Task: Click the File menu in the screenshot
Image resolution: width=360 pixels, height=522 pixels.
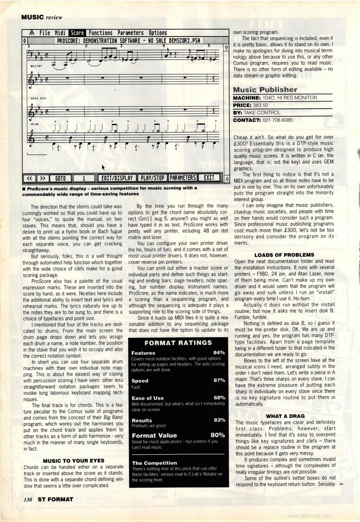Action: coord(45,33)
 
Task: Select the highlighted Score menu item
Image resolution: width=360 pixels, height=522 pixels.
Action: coord(77,33)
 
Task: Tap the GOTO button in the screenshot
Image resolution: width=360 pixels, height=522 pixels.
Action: coord(61,178)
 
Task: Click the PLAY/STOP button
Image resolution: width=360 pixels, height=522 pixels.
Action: coord(152,178)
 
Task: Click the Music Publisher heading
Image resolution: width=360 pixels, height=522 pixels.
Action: coord(265,89)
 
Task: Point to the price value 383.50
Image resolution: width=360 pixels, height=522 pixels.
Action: coord(261,105)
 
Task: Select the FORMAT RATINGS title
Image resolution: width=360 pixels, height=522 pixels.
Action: coord(178,343)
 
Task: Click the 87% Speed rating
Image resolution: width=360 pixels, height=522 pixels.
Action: coord(219,380)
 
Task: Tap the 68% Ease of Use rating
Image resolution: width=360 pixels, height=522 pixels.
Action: coord(219,398)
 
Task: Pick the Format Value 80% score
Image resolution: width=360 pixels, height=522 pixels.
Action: coord(218,435)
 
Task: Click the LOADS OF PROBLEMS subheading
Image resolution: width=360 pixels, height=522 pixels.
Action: coord(284,255)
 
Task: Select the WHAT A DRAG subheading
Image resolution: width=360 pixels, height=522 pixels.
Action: coord(285,416)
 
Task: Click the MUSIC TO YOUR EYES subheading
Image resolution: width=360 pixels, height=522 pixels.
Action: coord(73,460)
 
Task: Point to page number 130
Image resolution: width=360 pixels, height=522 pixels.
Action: coord(28,499)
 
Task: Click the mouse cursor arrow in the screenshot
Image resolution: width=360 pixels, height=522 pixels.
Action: coord(103,167)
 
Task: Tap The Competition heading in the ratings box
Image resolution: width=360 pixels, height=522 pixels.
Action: coord(154,463)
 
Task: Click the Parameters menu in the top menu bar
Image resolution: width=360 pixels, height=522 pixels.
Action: coord(130,33)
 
